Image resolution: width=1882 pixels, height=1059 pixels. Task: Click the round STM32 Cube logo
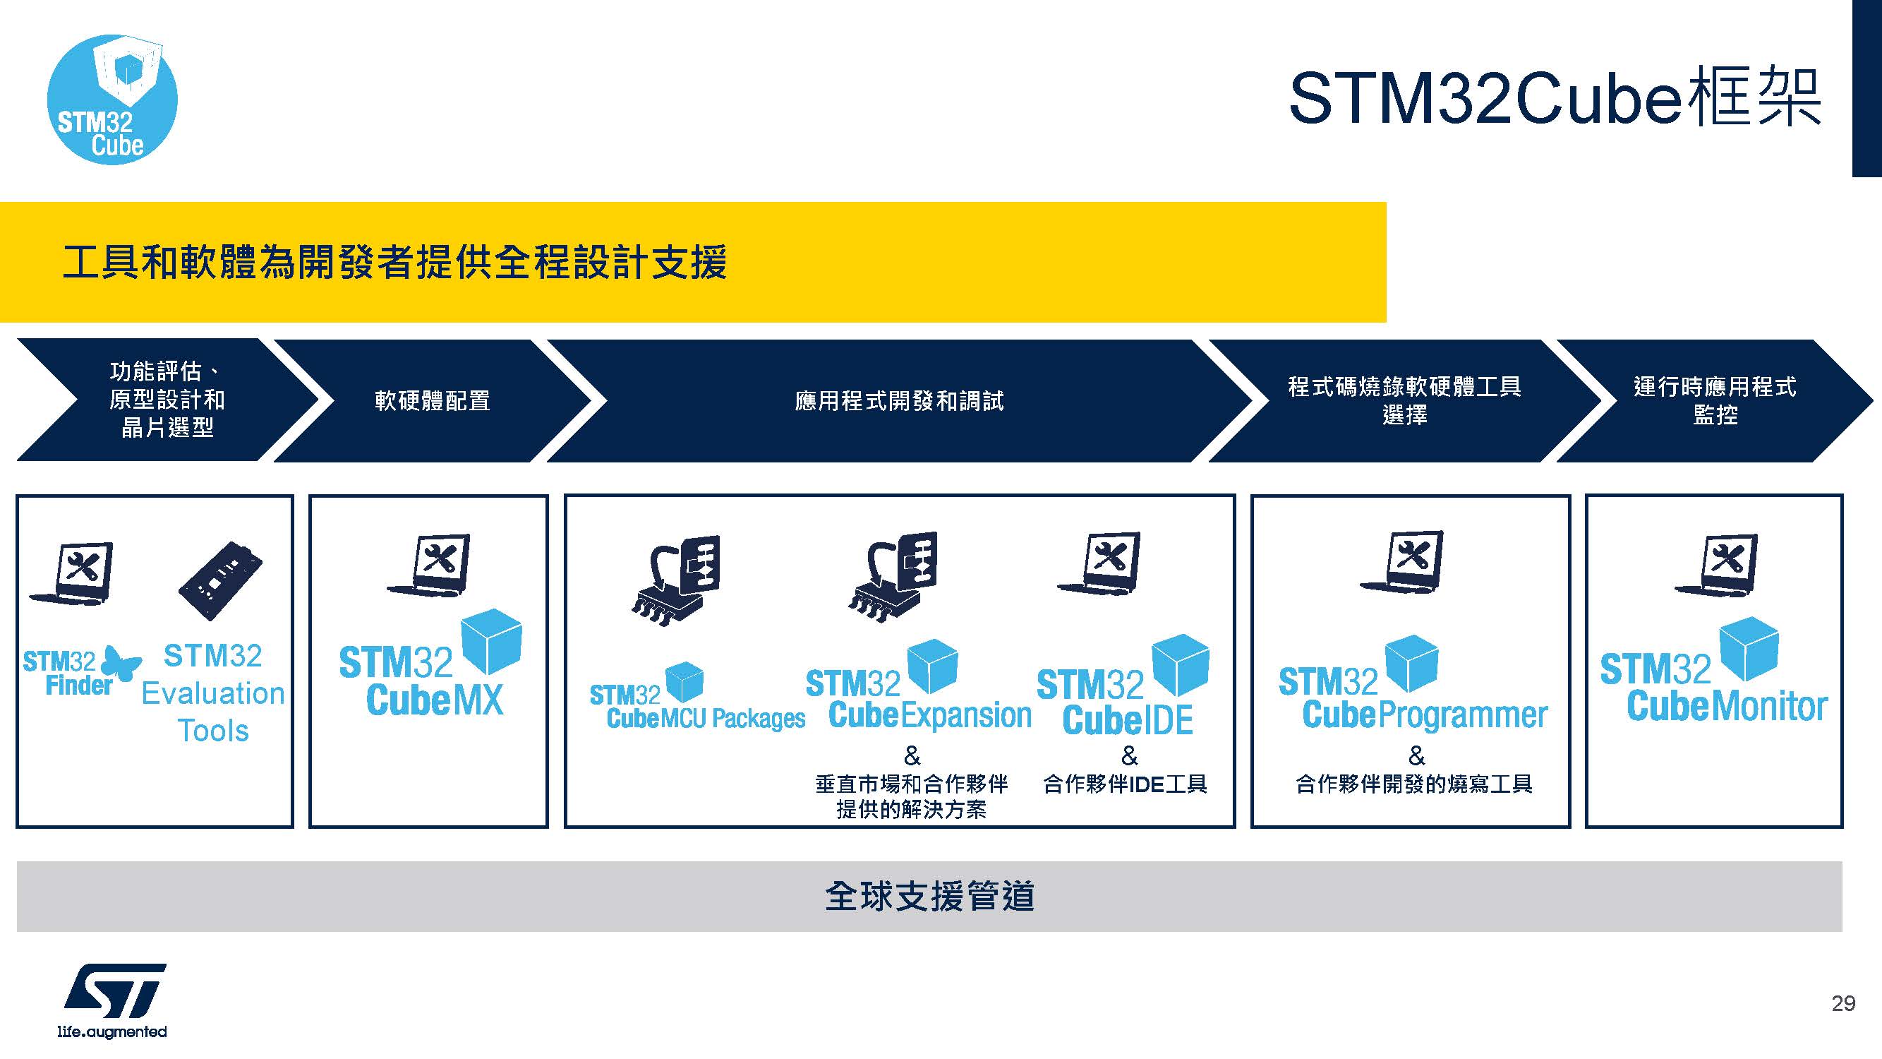pos(111,100)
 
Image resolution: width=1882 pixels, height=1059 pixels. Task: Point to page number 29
pos(1842,1003)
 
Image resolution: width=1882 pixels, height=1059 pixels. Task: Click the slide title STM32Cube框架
pos(1554,98)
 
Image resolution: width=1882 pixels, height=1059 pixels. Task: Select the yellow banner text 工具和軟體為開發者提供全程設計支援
pos(394,263)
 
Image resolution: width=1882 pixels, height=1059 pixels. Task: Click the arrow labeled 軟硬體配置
pos(432,400)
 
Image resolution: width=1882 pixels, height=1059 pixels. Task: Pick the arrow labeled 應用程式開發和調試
pos(898,400)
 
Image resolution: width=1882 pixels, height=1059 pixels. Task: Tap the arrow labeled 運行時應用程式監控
pos(1714,400)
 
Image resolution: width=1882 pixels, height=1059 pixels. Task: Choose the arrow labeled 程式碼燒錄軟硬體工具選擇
pos(1404,400)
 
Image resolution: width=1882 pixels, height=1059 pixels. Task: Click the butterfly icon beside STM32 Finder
pos(120,663)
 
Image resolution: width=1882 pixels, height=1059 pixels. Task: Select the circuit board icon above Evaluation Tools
pos(220,581)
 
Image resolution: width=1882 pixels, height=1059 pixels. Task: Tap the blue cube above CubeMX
pos(492,640)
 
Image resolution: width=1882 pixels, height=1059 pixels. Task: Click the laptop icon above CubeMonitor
pos(1716,566)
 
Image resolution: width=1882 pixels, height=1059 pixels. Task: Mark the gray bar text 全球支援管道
pos(929,896)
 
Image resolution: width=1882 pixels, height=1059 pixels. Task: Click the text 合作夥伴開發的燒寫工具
pos(1413,784)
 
